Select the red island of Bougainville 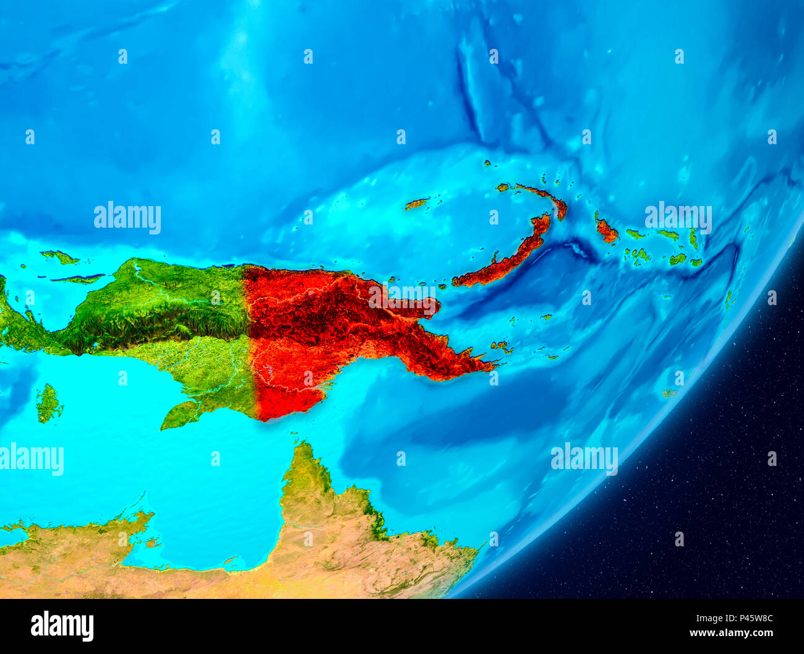(x=606, y=231)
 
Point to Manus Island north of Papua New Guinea (x=417, y=204)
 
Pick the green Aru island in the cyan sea (x=49, y=403)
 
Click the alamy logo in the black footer (x=62, y=626)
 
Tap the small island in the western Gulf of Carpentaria (x=152, y=543)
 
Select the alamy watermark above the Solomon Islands (x=678, y=216)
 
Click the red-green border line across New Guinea (x=250, y=340)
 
